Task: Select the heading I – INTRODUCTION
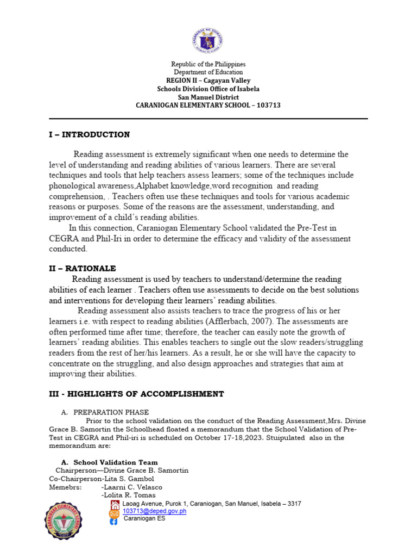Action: [x=89, y=134]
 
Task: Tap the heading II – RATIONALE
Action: [x=83, y=269]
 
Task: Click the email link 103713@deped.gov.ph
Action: [x=154, y=511]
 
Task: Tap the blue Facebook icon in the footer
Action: [x=114, y=521]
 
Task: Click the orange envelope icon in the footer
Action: [x=115, y=513]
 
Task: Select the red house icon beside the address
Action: [x=115, y=504]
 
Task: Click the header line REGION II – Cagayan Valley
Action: [x=208, y=80]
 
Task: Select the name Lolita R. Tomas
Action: [x=128, y=495]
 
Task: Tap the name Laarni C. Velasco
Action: [x=131, y=487]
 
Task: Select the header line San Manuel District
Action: [x=208, y=97]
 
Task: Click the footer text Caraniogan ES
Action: [x=144, y=518]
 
